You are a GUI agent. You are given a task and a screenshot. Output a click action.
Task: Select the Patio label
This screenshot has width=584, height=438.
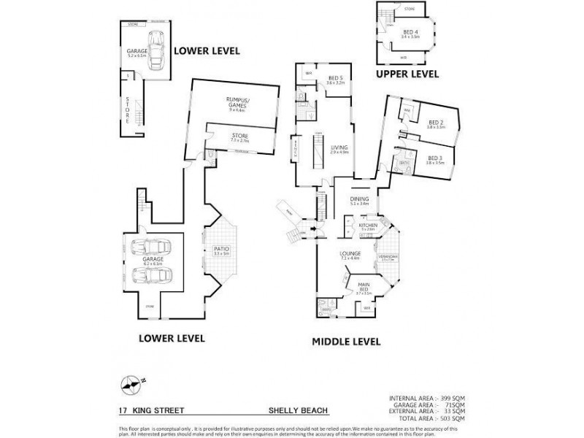coord(221,252)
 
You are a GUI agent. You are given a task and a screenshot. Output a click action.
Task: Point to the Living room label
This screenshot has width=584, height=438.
coord(339,148)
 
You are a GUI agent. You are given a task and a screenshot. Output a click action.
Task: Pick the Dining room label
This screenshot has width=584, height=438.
coord(360,200)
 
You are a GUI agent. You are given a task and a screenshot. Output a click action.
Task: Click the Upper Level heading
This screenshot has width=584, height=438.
coord(407,74)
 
